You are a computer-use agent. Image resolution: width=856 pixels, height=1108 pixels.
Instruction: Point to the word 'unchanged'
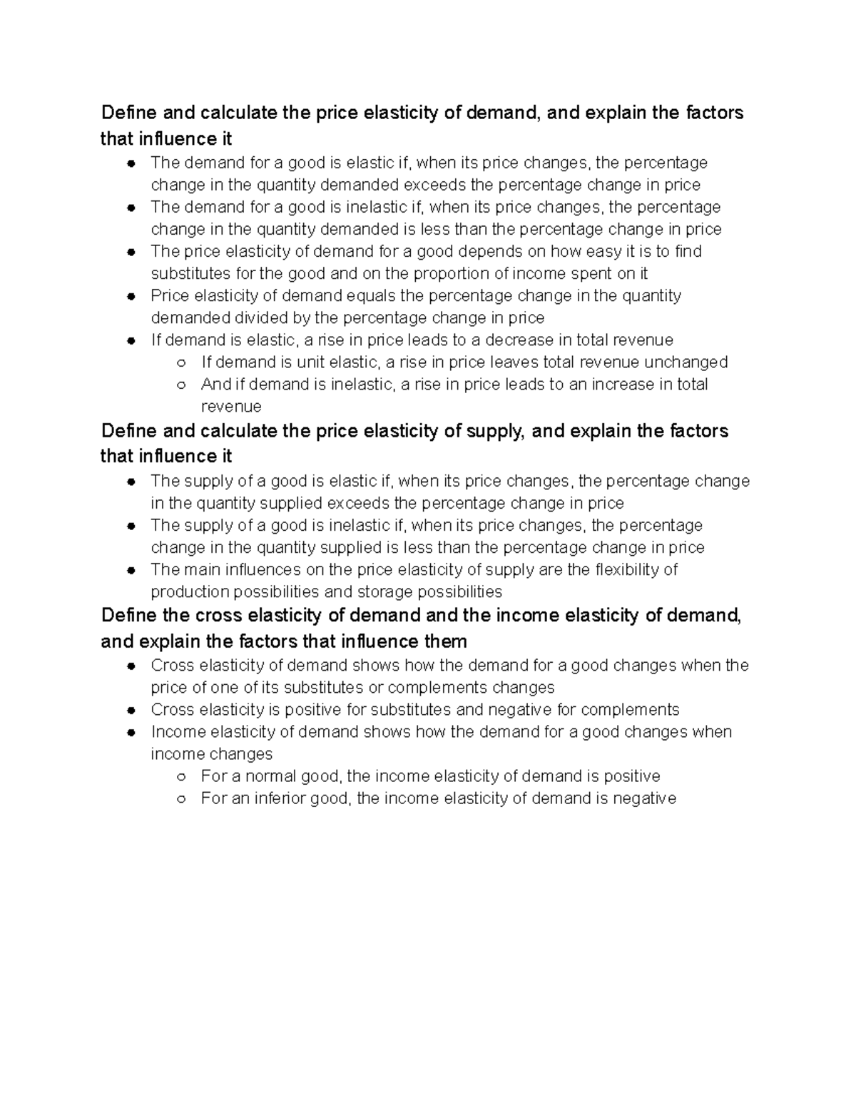[686, 362]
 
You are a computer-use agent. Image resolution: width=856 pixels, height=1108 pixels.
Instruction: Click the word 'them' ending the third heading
[446, 641]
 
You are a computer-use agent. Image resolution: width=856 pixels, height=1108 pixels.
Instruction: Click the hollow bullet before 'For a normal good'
[181, 777]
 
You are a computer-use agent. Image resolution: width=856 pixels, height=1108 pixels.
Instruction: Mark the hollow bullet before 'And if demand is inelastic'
[181, 385]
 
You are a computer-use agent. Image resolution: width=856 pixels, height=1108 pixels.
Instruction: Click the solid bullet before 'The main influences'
[131, 571]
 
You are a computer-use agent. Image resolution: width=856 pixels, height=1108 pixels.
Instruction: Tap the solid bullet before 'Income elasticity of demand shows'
[131, 733]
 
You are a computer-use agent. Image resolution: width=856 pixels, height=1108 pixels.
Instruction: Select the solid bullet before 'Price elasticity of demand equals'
[131, 297]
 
